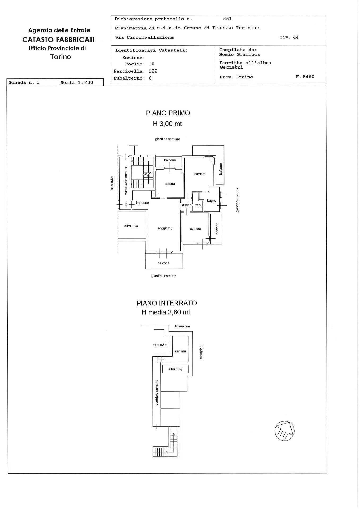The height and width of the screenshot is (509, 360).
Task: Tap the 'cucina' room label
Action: click(x=170, y=184)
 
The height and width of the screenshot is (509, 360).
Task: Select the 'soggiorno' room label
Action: click(x=165, y=228)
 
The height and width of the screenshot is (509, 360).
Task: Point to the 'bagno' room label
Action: click(x=212, y=201)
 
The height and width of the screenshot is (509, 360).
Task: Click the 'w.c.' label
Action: click(x=198, y=205)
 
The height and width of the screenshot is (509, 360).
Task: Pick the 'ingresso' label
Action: click(x=142, y=203)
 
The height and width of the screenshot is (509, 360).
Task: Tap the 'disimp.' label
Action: click(x=186, y=205)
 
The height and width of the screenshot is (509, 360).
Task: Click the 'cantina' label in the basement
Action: click(x=180, y=351)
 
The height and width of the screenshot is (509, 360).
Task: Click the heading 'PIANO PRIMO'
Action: click(x=168, y=113)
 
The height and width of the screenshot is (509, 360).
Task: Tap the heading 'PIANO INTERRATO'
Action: click(x=167, y=303)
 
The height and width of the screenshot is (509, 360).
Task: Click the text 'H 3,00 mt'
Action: click(x=167, y=124)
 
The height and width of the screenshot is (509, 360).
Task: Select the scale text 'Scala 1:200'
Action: click(x=77, y=82)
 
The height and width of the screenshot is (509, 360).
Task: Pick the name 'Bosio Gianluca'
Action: click(x=239, y=55)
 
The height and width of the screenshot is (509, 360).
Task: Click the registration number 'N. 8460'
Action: click(x=305, y=77)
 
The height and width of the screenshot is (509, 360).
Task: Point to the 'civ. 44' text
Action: click(x=289, y=37)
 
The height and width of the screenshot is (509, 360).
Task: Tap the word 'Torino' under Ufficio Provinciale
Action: click(x=60, y=57)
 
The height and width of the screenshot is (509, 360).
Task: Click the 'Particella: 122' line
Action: click(x=135, y=71)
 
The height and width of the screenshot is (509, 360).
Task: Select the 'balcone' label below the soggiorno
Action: click(x=163, y=263)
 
